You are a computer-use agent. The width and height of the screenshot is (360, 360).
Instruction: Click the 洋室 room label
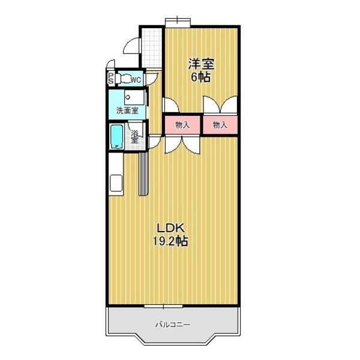click(x=201, y=64)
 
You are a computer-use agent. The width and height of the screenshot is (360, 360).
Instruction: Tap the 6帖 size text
click(x=201, y=77)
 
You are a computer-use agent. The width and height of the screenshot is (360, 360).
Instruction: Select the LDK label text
click(x=170, y=228)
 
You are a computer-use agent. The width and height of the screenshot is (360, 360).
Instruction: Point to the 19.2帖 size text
click(x=170, y=241)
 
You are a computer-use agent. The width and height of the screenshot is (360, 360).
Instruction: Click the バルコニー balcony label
click(x=173, y=325)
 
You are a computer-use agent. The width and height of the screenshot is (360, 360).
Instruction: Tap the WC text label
click(x=136, y=80)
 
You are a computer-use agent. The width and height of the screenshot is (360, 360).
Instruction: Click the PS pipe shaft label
click(x=111, y=79)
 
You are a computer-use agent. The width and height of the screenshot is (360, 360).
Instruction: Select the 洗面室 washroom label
click(x=127, y=110)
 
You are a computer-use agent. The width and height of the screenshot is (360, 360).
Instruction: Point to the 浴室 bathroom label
click(x=134, y=137)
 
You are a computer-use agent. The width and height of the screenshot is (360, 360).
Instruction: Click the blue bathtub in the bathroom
click(x=117, y=137)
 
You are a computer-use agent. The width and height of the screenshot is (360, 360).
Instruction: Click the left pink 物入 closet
click(x=182, y=125)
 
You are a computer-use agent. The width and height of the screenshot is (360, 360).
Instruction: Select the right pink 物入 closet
click(x=220, y=125)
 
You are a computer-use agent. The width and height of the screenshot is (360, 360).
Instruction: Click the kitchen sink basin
click(x=116, y=183)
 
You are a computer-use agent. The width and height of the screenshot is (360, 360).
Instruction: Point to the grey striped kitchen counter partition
click(x=144, y=174)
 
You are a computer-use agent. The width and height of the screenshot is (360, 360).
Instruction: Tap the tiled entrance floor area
click(x=152, y=48)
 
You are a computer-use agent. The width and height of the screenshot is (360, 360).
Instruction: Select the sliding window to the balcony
click(x=163, y=306)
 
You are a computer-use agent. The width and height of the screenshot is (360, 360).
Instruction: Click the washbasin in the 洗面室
click(x=134, y=97)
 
